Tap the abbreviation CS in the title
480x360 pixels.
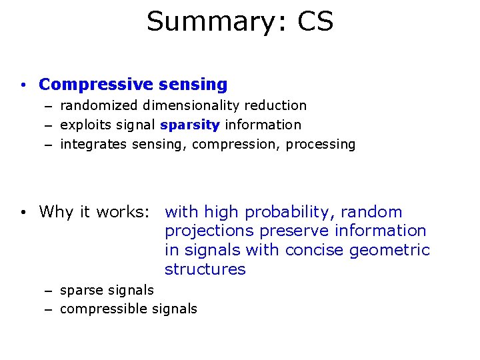tap(315, 21)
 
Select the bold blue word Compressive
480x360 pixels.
tap(96, 85)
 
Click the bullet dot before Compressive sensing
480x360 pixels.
tap(23, 85)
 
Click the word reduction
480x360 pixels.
tap(275, 105)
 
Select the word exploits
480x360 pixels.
tap(83, 125)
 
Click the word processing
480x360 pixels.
tap(321, 144)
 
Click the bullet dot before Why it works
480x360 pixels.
tap(23, 213)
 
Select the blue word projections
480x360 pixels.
tap(209, 231)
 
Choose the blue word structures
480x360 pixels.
tap(205, 269)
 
